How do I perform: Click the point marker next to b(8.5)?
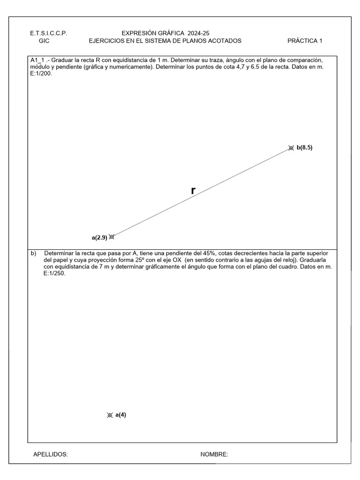291,148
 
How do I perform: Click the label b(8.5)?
304,147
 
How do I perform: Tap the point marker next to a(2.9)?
112,237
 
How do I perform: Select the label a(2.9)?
99,238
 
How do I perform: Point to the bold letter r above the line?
193,190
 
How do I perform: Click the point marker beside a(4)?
110,415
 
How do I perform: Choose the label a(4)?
120,414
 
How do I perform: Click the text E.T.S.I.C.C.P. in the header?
49,33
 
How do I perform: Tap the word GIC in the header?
44,41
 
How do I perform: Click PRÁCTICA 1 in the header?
305,41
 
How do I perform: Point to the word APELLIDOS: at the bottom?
51,454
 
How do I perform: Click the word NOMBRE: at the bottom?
214,454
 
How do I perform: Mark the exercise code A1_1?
38,61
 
